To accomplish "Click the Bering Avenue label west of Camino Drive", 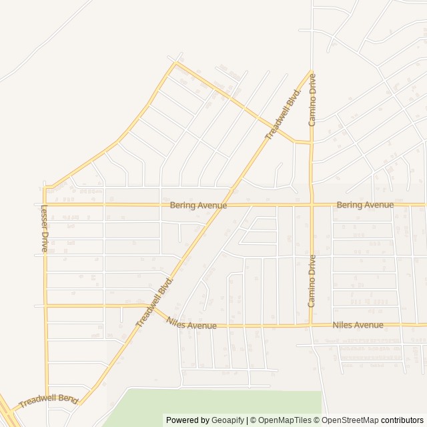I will (x=198, y=205).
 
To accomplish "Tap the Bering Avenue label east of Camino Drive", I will (x=365, y=205).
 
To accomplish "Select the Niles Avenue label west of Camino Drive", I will (x=191, y=325).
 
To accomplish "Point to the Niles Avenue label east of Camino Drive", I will (x=358, y=325).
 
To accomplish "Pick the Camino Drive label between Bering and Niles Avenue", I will (x=312, y=281).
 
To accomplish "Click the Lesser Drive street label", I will (x=45, y=228).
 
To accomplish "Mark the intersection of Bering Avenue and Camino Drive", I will (x=312, y=205).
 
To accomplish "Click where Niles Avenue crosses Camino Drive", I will (x=312, y=326).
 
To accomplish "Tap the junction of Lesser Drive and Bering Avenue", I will (x=45, y=205).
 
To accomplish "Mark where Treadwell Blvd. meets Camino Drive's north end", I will (x=311, y=71).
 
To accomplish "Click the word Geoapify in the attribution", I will (x=228, y=420).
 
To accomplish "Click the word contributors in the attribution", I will (x=402, y=420).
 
